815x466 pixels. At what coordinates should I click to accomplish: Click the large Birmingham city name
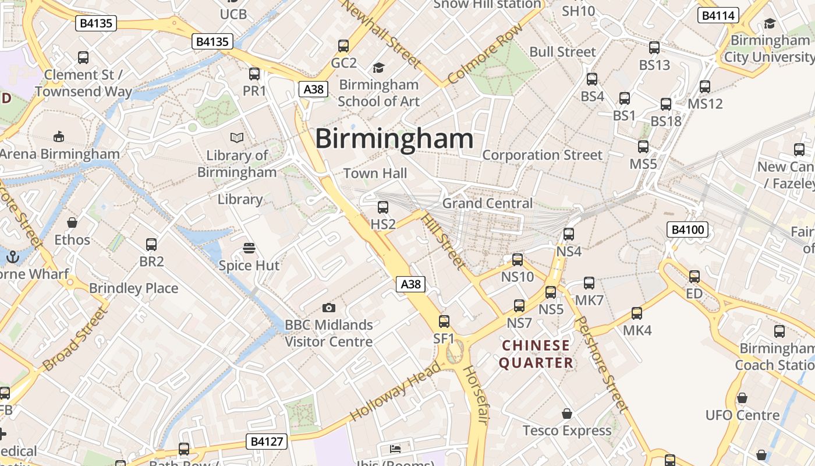394,139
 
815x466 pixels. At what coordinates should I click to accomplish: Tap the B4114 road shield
718,16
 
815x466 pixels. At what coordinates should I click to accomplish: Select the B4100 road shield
688,230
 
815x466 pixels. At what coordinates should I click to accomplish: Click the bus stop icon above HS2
383,207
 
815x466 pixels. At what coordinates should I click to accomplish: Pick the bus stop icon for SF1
444,321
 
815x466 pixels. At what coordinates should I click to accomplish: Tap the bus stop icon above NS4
569,234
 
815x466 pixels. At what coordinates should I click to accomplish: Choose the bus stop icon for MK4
637,313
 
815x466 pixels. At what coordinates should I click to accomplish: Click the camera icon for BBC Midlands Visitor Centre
328,308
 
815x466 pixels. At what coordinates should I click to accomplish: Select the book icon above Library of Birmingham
236,138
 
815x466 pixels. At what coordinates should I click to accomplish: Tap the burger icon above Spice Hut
249,248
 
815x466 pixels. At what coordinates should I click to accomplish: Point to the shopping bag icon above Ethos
72,223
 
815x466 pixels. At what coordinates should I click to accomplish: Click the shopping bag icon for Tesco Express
567,414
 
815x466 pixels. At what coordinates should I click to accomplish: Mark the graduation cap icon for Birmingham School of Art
378,68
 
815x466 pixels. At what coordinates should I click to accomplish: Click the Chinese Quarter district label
536,354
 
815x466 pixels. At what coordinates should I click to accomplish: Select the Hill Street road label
443,241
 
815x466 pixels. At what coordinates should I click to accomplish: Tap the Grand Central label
487,203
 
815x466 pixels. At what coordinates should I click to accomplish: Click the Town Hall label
375,174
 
